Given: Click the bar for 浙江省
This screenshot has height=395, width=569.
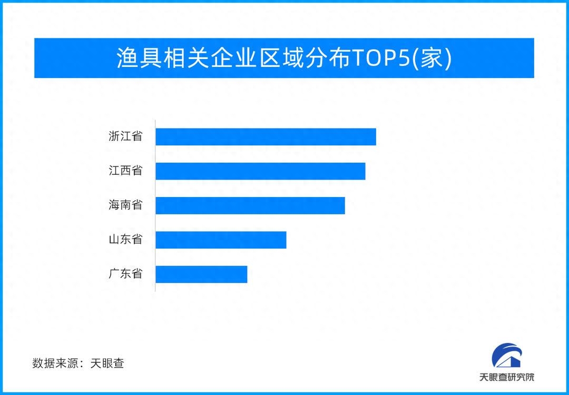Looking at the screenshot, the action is click(266, 137).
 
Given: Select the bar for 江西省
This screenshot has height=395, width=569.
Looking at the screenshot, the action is click(261, 171).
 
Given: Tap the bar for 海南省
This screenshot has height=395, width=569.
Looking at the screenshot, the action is click(250, 205).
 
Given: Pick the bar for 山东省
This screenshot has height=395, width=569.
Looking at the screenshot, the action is click(221, 240).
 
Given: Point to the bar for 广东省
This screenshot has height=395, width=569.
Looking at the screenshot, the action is click(201, 274).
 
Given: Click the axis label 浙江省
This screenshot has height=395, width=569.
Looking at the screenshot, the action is click(125, 136).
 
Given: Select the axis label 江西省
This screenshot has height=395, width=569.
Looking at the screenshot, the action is click(125, 171).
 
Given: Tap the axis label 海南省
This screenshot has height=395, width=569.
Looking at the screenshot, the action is click(125, 205).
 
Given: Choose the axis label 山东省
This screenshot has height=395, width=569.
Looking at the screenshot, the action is click(125, 240).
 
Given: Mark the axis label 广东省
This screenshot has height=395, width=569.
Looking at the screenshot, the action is click(125, 273).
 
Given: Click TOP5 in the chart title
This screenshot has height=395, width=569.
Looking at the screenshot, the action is click(381, 58).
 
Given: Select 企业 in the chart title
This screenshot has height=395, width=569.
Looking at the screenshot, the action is click(233, 58).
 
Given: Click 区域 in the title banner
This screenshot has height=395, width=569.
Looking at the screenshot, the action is click(280, 58).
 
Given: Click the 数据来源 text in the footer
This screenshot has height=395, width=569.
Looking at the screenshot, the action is click(54, 363).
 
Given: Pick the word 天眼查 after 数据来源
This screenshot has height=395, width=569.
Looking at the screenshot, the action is click(107, 363).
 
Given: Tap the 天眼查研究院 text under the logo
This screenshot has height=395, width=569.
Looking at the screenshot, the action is click(507, 377).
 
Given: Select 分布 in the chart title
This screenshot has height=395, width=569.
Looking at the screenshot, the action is click(328, 58).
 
